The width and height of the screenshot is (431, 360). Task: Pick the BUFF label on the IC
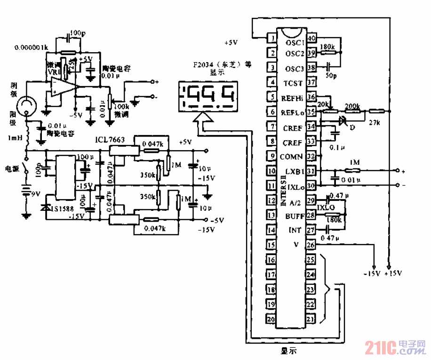point(295,216)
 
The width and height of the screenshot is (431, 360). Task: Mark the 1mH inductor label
point(16,138)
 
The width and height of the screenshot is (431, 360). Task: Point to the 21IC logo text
point(381,349)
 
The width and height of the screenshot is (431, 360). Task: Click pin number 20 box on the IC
point(271,319)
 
